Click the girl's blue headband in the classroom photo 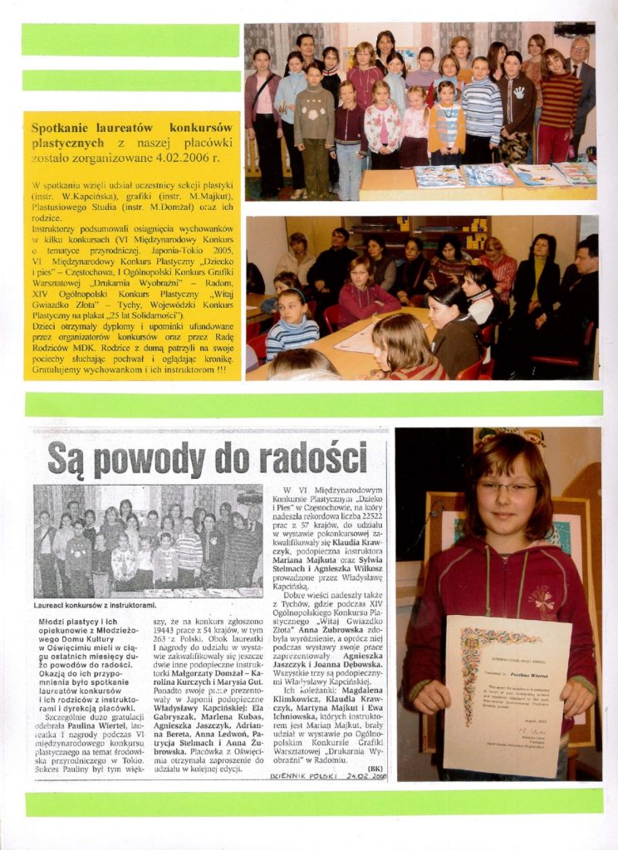(x=292, y=294)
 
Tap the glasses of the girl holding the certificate (x=506, y=487)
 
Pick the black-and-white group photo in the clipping (x=148, y=540)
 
